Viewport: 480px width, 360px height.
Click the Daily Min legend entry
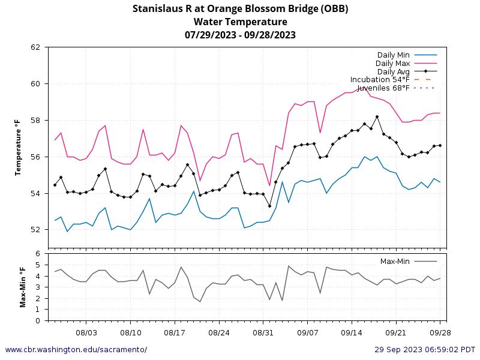click(x=393, y=55)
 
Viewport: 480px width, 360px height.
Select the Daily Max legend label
click(x=392, y=63)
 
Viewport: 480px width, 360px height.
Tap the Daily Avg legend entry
click(x=393, y=71)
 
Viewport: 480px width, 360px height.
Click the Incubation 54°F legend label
click(x=380, y=79)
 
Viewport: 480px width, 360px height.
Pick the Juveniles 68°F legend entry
click(x=383, y=88)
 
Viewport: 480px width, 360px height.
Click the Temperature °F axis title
click(x=18, y=147)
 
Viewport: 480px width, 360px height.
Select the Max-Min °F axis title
click(x=23, y=287)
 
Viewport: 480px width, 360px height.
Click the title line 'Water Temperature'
click(x=240, y=22)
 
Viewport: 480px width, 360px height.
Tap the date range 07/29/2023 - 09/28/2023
click(x=240, y=35)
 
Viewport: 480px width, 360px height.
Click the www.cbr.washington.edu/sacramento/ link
click(x=76, y=350)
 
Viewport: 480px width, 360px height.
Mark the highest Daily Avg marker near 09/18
click(x=377, y=117)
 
